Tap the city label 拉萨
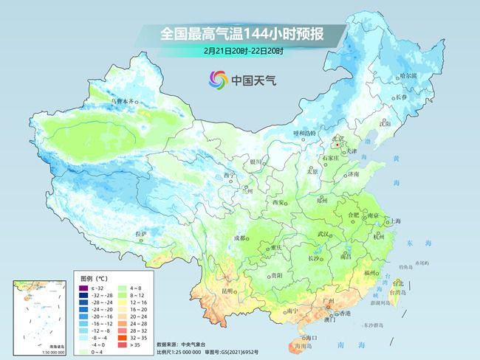tap(141, 234)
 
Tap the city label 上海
tap(396, 221)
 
